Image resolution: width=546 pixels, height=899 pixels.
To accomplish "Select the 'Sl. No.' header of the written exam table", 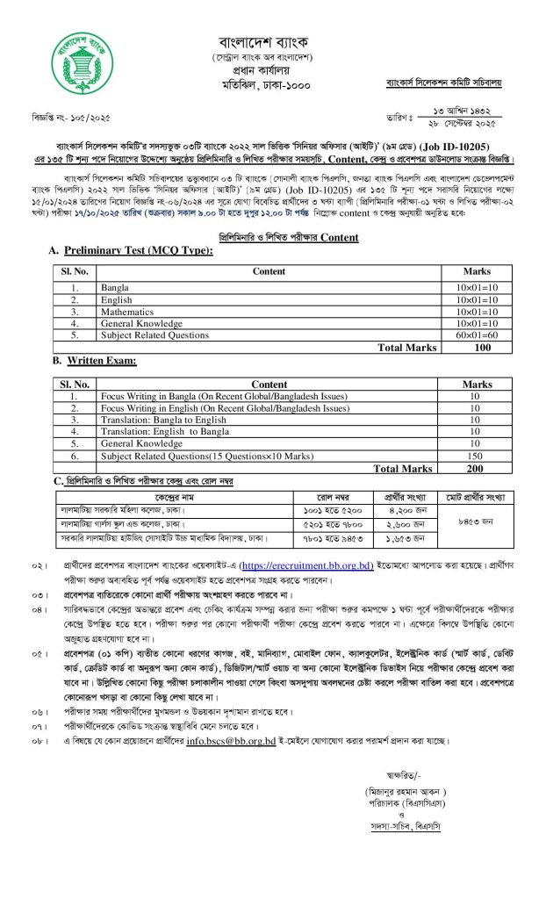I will (x=75, y=384).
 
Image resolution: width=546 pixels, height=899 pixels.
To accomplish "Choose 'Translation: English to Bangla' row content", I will (x=155, y=433).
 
